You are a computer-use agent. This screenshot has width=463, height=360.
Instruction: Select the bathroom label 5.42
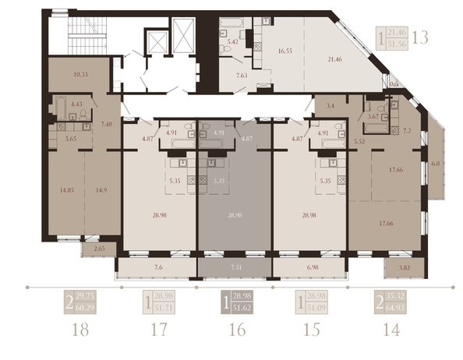click(233, 35)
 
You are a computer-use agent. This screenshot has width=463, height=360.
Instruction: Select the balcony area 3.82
click(404, 267)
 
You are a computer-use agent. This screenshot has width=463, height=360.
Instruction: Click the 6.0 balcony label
click(435, 164)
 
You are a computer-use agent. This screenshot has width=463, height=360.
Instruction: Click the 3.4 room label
click(330, 104)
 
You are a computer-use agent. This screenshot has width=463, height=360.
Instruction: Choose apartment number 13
click(419, 37)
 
